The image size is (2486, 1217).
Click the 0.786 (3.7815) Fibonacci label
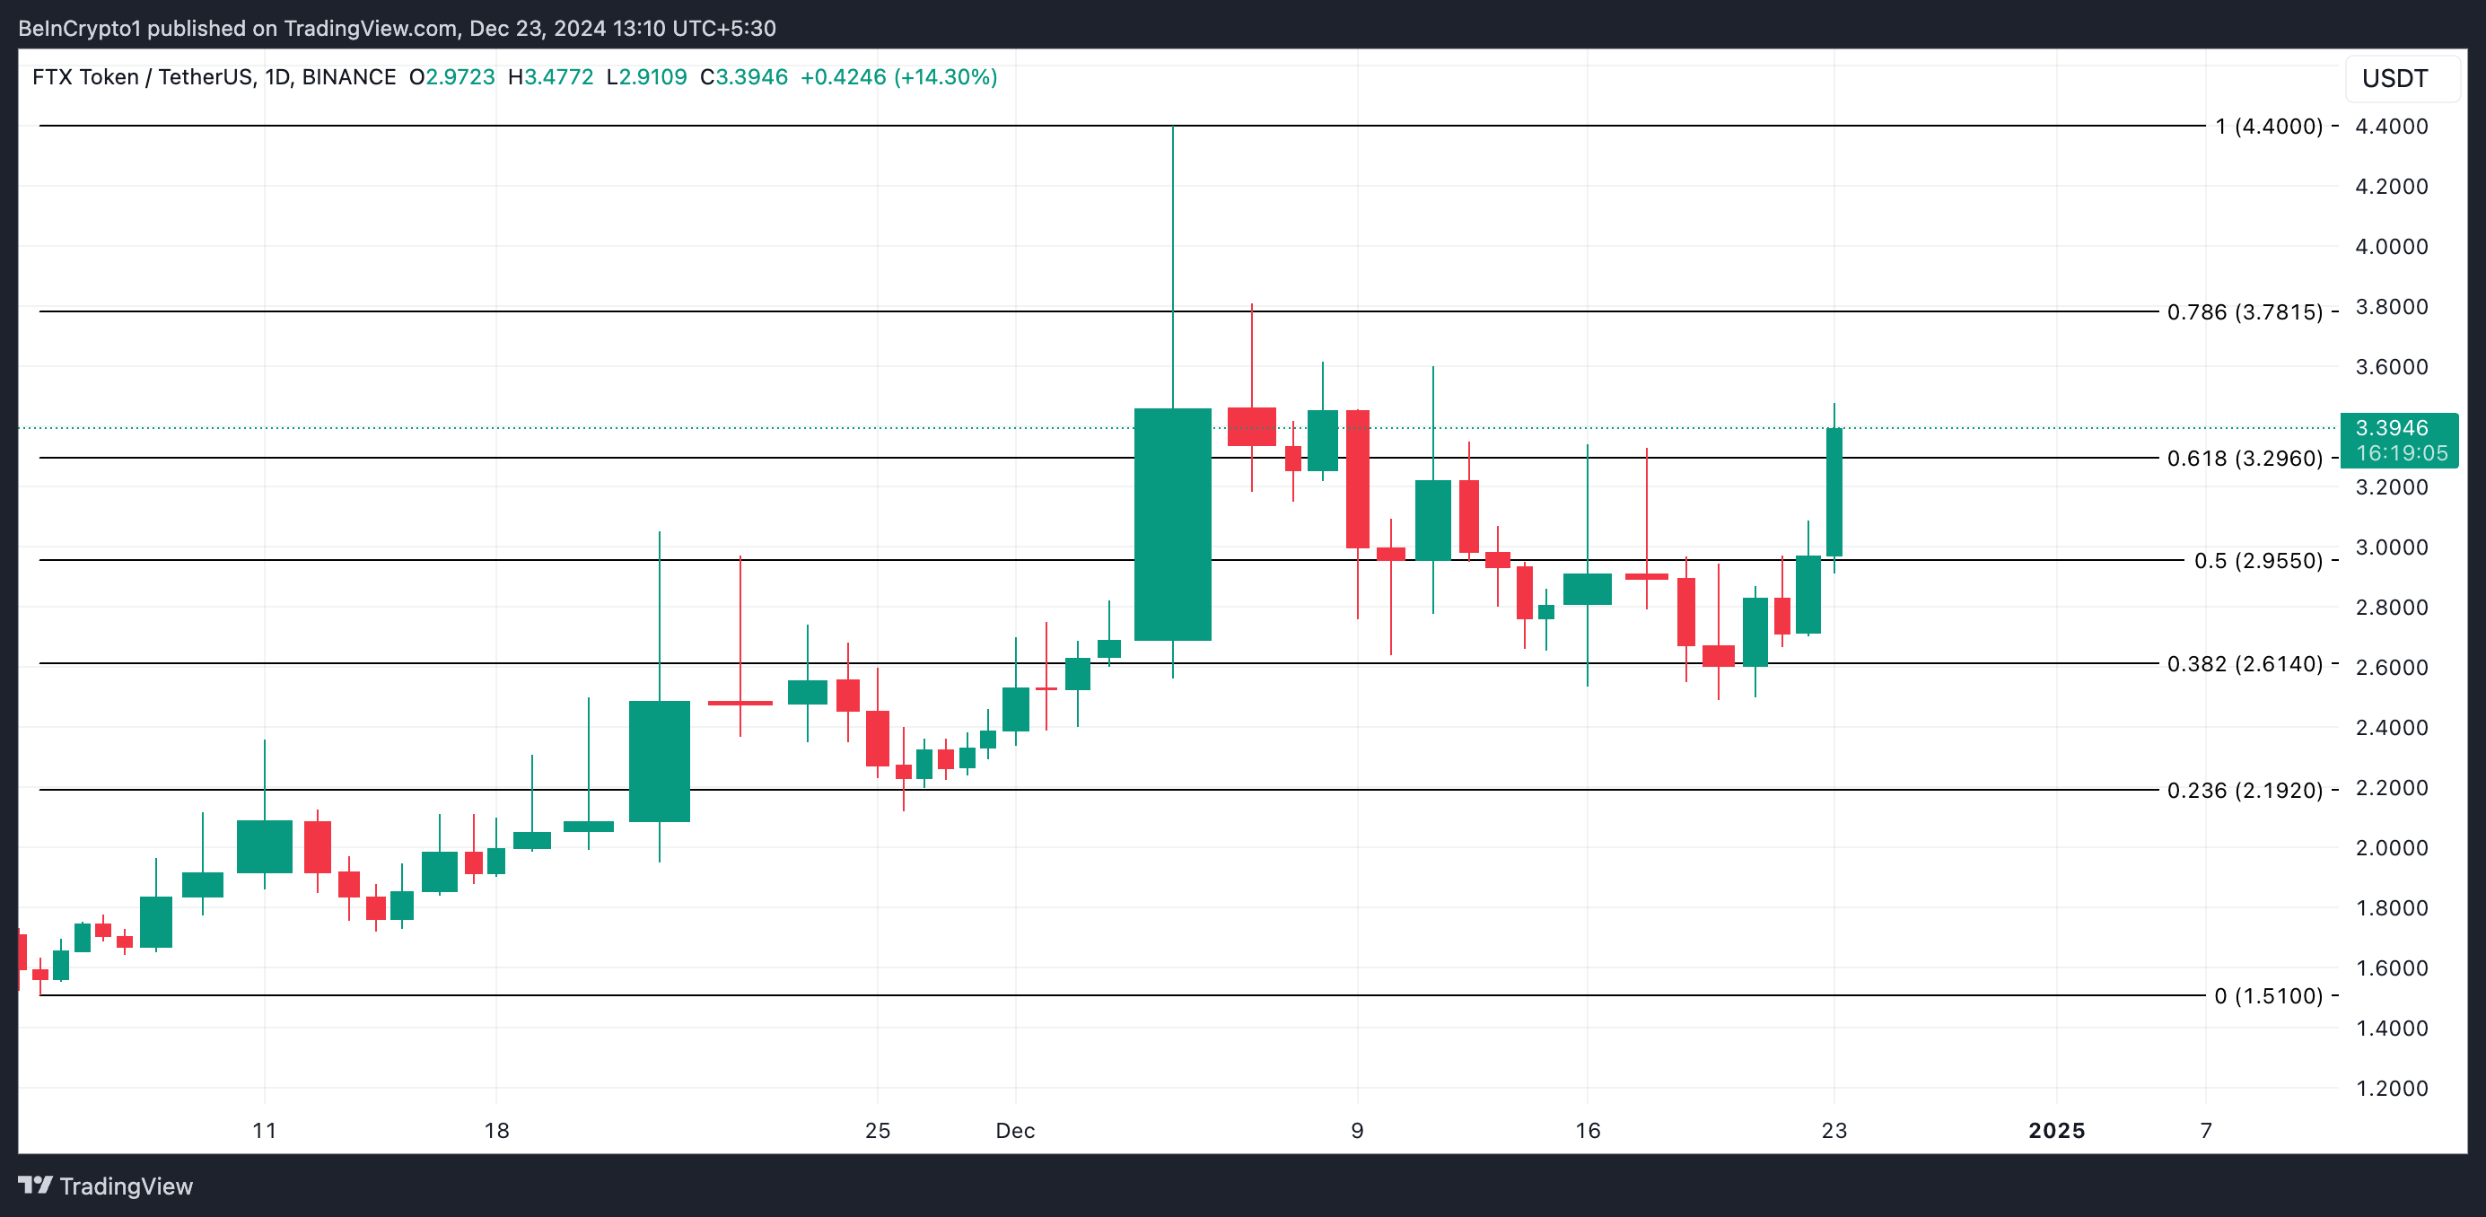(x=2244, y=311)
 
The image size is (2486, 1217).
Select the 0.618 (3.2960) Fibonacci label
(x=2244, y=459)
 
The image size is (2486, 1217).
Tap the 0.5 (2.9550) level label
(x=2257, y=561)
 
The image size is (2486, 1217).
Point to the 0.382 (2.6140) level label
(x=2244, y=664)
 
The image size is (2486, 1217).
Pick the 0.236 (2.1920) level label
(x=2244, y=791)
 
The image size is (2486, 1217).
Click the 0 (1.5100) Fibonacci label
(x=2268, y=996)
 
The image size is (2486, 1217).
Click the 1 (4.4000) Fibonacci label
(x=2268, y=127)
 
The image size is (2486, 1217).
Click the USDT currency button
(x=2394, y=78)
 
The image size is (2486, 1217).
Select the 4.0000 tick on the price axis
(x=2392, y=246)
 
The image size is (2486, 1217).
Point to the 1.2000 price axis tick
(x=2392, y=1088)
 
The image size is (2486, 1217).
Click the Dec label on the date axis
(x=1015, y=1130)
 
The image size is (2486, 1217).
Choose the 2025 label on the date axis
(x=2056, y=1130)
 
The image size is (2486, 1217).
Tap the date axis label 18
(x=496, y=1130)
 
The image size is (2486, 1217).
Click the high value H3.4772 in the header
(x=551, y=77)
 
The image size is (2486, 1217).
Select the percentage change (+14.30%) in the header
(x=946, y=77)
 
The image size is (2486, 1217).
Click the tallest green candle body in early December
(x=1173, y=524)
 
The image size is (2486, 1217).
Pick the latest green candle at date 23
(x=1834, y=492)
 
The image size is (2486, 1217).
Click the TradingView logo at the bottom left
(x=106, y=1186)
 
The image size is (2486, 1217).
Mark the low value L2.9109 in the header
(x=646, y=77)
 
